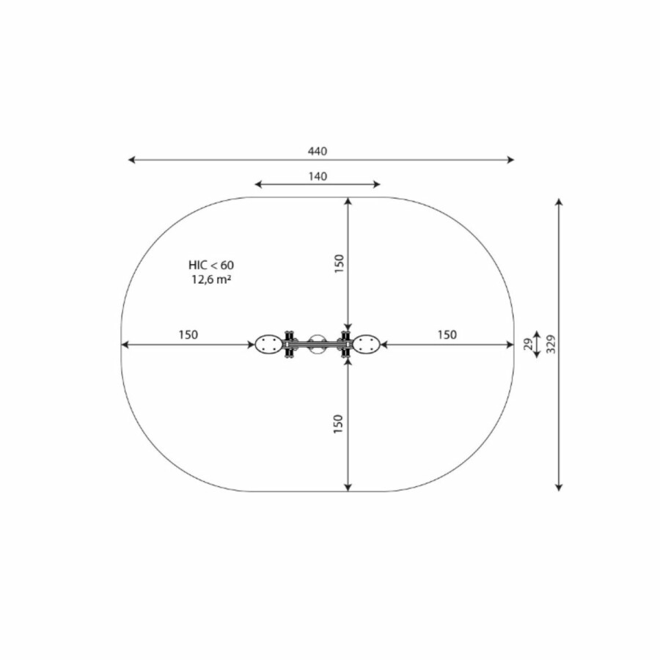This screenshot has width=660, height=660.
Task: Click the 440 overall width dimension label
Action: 318,151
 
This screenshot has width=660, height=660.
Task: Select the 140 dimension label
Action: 318,176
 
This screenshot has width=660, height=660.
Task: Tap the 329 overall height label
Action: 551,345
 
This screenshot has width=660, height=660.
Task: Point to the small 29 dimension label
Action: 528,345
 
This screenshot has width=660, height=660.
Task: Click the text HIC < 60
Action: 211,265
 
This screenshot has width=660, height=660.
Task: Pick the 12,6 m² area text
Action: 211,279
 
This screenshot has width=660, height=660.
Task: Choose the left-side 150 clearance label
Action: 188,334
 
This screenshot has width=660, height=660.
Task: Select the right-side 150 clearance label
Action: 447,334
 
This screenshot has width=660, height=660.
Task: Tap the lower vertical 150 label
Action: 338,424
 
